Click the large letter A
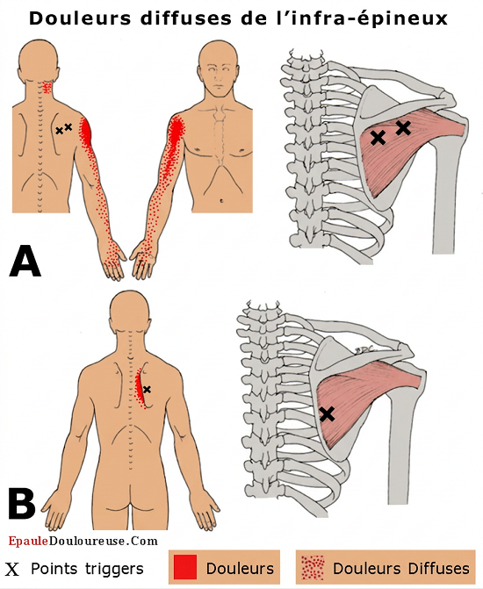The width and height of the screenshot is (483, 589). click(25, 261)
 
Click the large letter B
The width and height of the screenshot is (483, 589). click(22, 504)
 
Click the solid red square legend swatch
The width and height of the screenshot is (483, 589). click(185, 567)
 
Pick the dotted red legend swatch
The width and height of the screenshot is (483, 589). click(313, 568)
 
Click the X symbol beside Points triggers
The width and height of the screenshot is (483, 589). click(11, 570)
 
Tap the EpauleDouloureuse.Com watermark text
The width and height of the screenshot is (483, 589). click(83, 541)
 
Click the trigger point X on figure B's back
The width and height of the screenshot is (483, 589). click(147, 390)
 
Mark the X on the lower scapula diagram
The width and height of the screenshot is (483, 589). click(328, 414)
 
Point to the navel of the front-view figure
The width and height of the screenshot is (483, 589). click(221, 201)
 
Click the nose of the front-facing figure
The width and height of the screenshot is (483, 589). click(218, 79)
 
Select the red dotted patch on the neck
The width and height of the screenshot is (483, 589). click(47, 88)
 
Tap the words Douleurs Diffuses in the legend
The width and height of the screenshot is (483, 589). click(401, 568)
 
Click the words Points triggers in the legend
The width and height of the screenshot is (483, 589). click(87, 569)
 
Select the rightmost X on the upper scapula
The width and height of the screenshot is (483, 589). click(403, 128)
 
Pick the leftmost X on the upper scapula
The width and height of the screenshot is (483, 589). click(378, 138)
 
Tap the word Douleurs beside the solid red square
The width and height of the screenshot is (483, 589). click(240, 568)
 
